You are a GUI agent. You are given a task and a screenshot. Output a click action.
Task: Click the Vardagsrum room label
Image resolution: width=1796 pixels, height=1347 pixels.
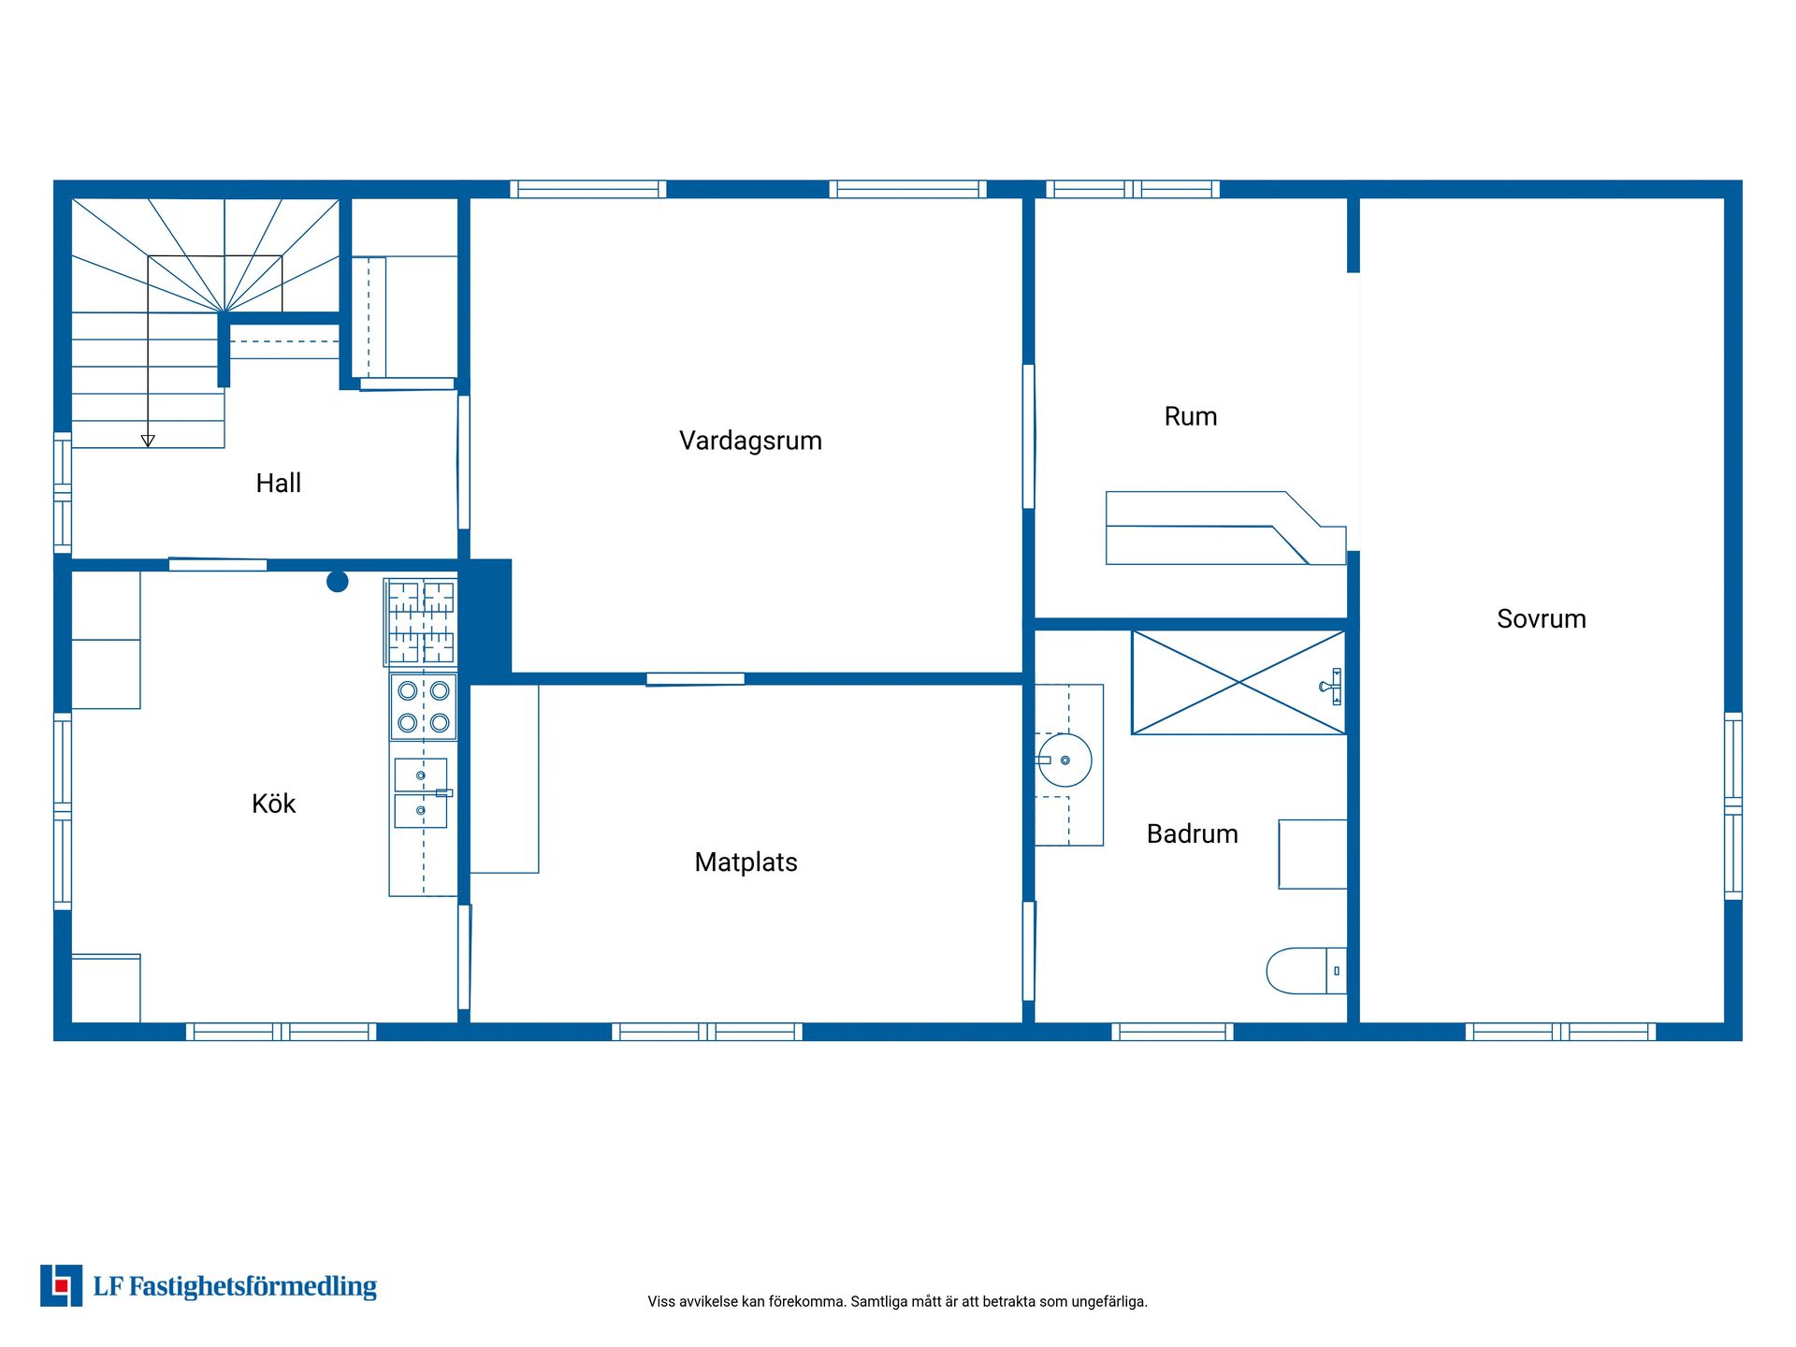[750, 441]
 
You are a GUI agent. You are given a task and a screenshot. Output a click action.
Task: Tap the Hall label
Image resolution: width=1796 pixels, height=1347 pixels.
[279, 483]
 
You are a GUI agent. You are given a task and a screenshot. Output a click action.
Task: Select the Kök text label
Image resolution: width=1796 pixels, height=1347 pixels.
[273, 804]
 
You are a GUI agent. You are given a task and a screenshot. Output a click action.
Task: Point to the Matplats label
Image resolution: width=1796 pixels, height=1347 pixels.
[746, 862]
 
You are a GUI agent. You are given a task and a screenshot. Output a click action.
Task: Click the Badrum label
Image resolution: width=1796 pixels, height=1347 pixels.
[1193, 833]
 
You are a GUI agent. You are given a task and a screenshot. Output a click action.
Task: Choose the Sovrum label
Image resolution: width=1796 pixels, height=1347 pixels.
[1542, 618]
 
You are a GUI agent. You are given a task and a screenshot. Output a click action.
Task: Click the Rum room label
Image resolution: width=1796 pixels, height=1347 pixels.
[1191, 416]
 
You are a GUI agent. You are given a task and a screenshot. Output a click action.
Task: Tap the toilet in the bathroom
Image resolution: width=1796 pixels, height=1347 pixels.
[1306, 971]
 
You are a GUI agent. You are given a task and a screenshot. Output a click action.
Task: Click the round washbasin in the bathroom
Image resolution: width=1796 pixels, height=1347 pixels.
[1065, 760]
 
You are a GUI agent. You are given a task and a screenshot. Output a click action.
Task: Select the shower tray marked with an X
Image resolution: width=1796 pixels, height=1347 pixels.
[1238, 683]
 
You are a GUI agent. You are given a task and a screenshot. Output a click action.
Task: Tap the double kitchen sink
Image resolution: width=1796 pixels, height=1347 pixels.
[421, 792]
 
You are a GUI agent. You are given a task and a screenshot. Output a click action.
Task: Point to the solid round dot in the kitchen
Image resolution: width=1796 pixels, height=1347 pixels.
[338, 582]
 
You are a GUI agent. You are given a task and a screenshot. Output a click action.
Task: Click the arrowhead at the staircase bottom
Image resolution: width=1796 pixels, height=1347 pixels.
[148, 442]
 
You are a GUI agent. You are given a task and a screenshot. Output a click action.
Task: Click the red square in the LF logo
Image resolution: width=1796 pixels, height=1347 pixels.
[62, 1286]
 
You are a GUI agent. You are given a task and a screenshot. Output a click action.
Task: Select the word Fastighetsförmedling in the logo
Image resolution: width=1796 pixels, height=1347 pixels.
[253, 1287]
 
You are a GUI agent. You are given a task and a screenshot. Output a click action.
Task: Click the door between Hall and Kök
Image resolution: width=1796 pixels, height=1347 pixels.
[218, 564]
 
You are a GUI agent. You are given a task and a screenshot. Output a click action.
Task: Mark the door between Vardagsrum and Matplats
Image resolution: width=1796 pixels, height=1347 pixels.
[696, 679]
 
